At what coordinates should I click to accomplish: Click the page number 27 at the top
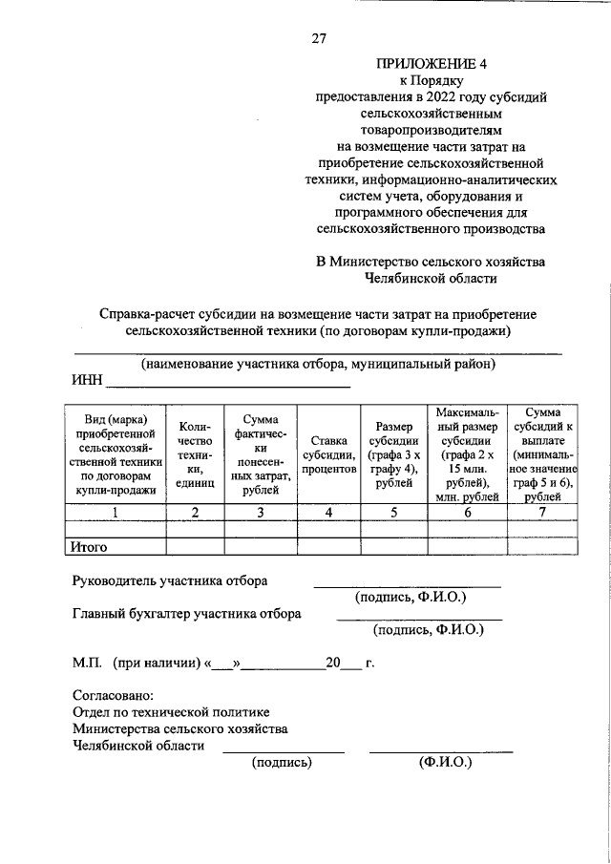(319, 39)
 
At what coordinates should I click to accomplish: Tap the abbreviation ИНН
(87, 383)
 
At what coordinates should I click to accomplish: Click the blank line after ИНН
(227, 386)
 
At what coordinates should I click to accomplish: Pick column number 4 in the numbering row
(328, 513)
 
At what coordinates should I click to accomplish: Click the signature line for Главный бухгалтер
(419, 620)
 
